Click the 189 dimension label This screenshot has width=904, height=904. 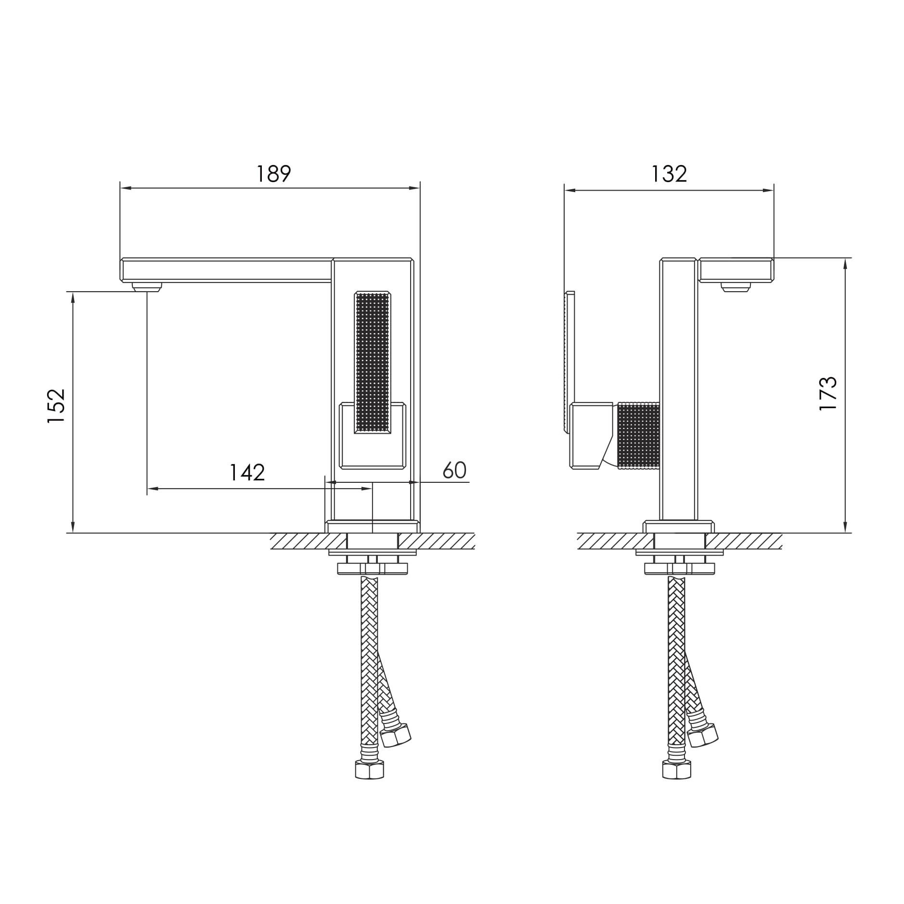pos(273,174)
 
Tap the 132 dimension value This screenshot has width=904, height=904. pos(669,174)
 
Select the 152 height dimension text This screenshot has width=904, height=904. pos(56,405)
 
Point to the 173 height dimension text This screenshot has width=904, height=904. pos(828,393)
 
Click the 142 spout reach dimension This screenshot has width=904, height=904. pos(247,473)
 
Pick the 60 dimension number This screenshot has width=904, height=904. pos(454,470)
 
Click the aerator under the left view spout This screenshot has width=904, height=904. pos(147,287)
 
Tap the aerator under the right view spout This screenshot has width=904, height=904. pos(736,287)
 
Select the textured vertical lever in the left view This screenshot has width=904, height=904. pos(372,362)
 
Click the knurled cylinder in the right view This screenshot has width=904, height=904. pos(638,435)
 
